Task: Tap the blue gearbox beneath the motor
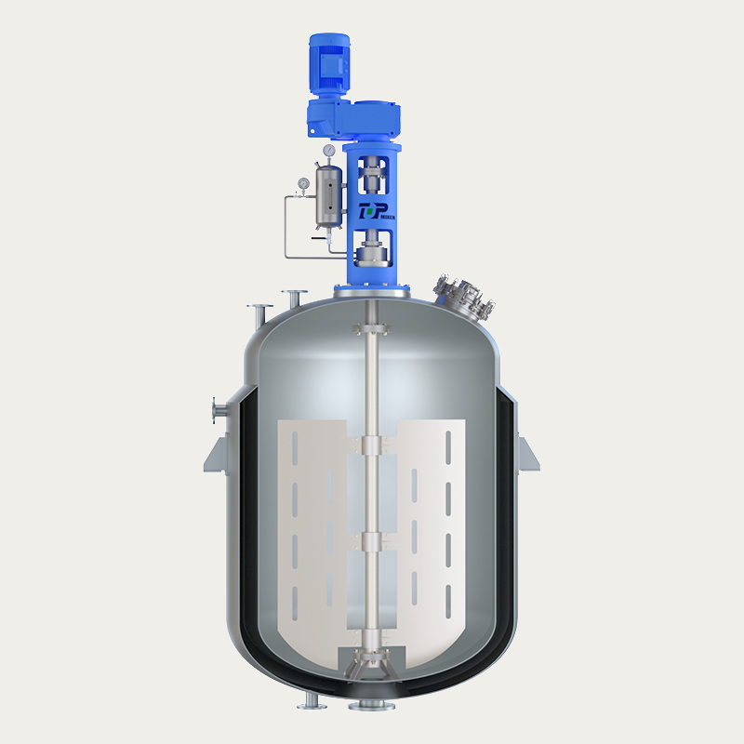tap(353, 119)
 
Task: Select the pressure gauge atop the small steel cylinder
tap(327, 150)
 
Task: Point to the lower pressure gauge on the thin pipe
tap(303, 183)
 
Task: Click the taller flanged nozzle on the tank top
tap(295, 298)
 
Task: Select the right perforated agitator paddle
tap(431, 530)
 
